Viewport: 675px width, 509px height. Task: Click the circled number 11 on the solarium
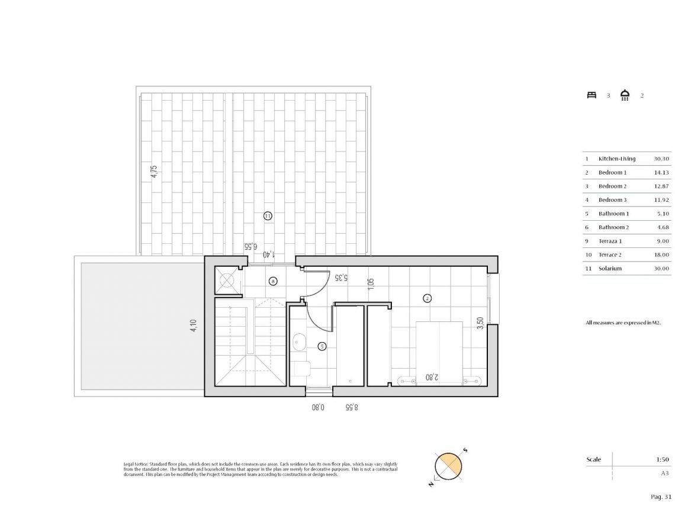(x=268, y=216)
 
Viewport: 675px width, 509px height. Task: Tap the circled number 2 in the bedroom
(x=427, y=298)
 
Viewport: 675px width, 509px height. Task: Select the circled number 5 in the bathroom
(x=322, y=346)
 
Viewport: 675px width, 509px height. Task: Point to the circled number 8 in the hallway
(x=272, y=281)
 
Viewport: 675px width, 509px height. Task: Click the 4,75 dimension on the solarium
(x=154, y=172)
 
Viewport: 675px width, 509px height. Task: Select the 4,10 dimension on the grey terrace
(x=193, y=327)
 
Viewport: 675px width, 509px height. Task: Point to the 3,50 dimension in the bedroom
(x=481, y=323)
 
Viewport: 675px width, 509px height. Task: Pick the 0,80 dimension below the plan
(x=319, y=407)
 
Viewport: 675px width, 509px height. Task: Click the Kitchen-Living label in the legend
(x=616, y=159)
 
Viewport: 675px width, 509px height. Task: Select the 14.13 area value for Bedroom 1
(x=661, y=172)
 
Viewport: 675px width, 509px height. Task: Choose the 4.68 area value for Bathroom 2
(x=661, y=227)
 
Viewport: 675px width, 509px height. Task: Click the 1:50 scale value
(x=662, y=459)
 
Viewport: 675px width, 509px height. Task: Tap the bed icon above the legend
(x=591, y=95)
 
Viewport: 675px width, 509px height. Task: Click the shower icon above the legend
(x=625, y=95)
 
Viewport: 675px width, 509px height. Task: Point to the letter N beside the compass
(x=431, y=484)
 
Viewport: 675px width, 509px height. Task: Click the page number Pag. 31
(x=660, y=497)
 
